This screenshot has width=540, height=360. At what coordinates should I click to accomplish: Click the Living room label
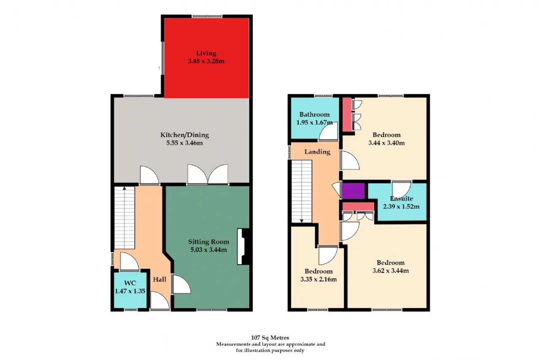pyautogui.click(x=206, y=53)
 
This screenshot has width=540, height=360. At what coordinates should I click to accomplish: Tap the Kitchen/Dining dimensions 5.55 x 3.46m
pyautogui.click(x=184, y=143)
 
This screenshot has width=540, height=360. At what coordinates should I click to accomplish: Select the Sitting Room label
pyautogui.click(x=208, y=241)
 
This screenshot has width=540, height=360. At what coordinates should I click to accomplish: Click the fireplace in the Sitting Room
pyautogui.click(x=243, y=246)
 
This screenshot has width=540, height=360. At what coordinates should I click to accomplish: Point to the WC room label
pyautogui.click(x=130, y=283)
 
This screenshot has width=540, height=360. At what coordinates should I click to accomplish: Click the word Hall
pyautogui.click(x=159, y=279)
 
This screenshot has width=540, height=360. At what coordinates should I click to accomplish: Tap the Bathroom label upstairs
pyautogui.click(x=314, y=114)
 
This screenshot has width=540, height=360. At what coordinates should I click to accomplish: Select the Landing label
pyautogui.click(x=317, y=152)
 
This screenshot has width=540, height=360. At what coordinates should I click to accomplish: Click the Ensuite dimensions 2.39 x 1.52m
pyautogui.click(x=401, y=206)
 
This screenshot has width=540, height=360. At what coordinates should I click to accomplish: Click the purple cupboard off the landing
pyautogui.click(x=354, y=191)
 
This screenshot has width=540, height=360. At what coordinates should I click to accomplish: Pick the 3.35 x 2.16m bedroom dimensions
pyautogui.click(x=319, y=279)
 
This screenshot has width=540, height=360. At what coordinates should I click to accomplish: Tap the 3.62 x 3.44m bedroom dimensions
pyautogui.click(x=391, y=271)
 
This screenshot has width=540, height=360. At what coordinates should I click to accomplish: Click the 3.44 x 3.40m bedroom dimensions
pyautogui.click(x=386, y=143)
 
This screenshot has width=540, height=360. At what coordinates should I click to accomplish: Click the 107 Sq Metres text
pyautogui.click(x=270, y=338)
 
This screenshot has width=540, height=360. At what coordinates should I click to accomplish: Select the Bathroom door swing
pyautogui.click(x=328, y=131)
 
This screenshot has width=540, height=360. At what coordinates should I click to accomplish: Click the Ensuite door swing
pyautogui.click(x=401, y=189)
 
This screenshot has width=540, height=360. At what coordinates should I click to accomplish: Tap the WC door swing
pyautogui.click(x=130, y=261)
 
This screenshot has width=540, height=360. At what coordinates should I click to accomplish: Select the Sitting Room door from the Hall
pyautogui.click(x=181, y=284)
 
